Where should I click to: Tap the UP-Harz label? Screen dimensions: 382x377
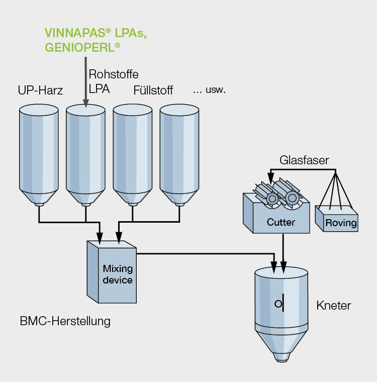tap(40, 90)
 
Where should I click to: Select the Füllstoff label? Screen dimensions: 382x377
tap(153, 90)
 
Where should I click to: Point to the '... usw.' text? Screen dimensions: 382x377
tap(209, 90)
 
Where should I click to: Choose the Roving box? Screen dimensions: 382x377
tap(341, 223)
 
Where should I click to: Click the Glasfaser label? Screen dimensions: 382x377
tap(304, 161)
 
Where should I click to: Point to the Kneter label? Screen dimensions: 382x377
tap(334, 305)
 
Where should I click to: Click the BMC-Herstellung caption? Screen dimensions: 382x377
tap(65, 321)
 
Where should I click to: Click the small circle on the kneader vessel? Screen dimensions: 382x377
tap(277, 304)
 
